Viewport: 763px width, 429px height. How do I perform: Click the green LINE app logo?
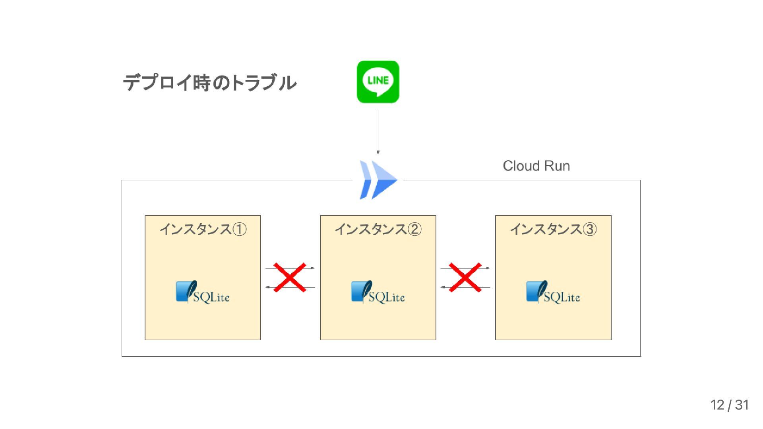(x=378, y=82)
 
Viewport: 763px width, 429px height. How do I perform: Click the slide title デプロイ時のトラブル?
(x=209, y=83)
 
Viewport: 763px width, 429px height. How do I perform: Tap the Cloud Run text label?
(x=536, y=166)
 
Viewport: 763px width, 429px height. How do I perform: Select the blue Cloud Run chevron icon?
(x=378, y=180)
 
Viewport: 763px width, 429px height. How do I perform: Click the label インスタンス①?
(x=203, y=229)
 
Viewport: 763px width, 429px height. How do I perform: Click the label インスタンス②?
(x=378, y=229)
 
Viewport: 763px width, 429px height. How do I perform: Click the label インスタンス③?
(x=553, y=229)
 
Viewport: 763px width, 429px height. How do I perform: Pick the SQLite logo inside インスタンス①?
(x=203, y=292)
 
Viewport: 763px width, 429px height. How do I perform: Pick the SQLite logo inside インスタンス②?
(x=378, y=292)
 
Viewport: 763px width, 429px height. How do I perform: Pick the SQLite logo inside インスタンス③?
(x=553, y=292)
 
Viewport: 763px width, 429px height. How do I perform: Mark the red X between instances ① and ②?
(x=290, y=277)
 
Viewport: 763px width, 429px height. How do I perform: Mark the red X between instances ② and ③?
(x=465, y=277)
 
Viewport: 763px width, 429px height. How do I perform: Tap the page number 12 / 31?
(x=729, y=405)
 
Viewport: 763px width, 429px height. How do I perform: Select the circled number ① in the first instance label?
(x=239, y=229)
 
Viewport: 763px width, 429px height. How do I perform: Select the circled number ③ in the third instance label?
(x=590, y=229)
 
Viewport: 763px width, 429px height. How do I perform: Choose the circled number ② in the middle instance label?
(x=414, y=229)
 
